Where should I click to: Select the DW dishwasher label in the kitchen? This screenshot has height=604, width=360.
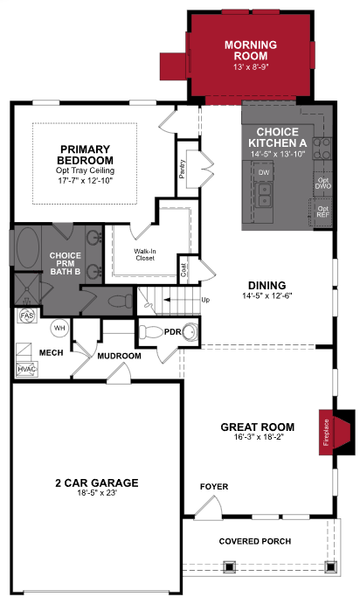pos(263,173)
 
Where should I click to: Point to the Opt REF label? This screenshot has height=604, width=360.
pos(323,212)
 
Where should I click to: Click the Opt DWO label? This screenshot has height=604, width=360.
pos(323,184)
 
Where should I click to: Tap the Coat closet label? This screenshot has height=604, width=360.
pos(183,268)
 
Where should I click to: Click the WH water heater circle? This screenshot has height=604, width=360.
pos(59,328)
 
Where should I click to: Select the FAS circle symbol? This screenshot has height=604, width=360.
pos(27,316)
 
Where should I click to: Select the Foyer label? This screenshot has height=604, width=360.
pos(213,485)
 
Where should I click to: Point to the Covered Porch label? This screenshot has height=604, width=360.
pos(253,541)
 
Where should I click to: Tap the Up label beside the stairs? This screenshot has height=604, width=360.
pos(206,300)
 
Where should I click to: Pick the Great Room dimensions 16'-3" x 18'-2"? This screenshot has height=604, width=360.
pos(257,439)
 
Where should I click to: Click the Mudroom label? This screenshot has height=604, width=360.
pos(119,357)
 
